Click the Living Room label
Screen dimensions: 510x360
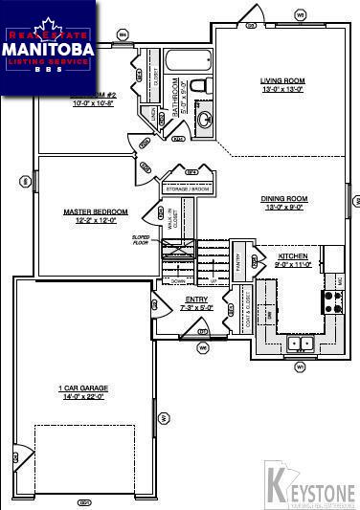[281, 80]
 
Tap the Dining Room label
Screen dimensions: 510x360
[281, 199]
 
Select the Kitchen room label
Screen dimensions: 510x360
[292, 256]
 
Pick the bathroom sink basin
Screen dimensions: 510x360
[204, 120]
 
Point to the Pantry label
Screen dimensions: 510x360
[238, 260]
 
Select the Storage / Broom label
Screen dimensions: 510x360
[188, 188]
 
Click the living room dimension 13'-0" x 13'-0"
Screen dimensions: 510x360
[281, 89]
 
